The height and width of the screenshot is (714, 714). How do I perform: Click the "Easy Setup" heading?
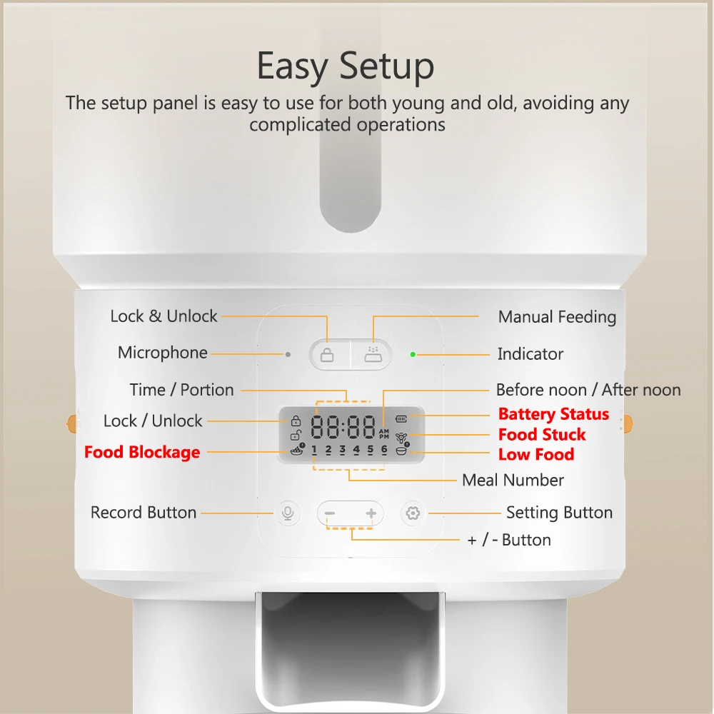point(345,66)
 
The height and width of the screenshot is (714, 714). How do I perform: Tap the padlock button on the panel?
point(327,355)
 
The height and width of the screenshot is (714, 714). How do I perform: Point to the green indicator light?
point(413,354)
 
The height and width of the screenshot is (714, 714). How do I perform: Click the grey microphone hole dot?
point(288,354)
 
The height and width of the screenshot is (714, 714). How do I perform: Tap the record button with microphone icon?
point(288,513)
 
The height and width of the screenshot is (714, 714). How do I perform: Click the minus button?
point(330,513)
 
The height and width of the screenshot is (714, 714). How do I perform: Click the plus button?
point(371,513)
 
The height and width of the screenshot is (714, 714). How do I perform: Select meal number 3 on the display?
point(343,451)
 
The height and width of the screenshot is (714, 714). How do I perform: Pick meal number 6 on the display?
point(384,451)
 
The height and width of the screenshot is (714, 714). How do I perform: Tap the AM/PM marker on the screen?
point(384,433)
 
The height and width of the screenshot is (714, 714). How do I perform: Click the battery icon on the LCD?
point(401,418)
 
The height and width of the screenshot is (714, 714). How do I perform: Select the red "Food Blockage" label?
point(142,452)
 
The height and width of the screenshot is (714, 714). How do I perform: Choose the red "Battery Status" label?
point(554,414)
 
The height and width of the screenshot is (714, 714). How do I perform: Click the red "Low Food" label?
point(536,454)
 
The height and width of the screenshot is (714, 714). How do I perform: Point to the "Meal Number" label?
point(513,480)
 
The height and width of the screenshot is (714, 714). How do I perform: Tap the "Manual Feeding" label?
point(558,317)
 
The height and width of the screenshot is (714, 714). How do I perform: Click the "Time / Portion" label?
point(181,390)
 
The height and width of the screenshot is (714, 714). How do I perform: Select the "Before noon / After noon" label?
point(588,390)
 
